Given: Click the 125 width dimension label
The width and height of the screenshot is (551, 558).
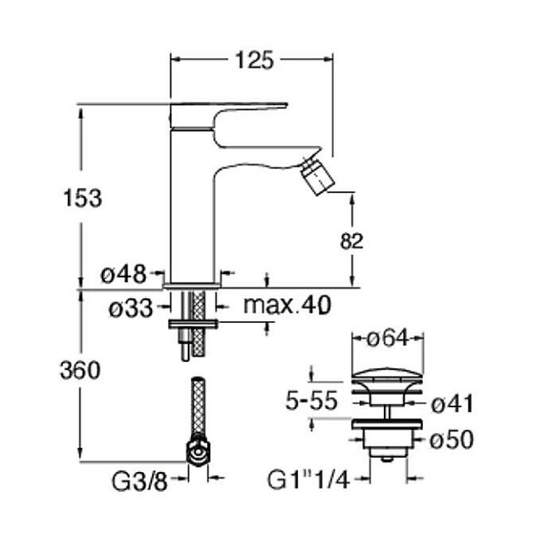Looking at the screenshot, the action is point(255,60).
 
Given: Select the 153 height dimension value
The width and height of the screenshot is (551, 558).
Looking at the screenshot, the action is point(83,198).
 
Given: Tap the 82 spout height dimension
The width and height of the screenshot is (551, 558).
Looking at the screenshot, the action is point(352,241).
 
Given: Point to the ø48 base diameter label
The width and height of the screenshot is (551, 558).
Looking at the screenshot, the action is point(123,274).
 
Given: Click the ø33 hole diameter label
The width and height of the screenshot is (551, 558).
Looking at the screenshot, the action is point(131,308).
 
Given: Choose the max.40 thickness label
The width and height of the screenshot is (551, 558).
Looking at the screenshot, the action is point(287,305).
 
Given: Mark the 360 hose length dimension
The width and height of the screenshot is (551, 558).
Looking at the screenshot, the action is point(80,370).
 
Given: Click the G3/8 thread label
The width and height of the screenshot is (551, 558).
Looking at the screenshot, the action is point(139,482).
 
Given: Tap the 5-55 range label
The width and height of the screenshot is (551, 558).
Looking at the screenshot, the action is point(311,401).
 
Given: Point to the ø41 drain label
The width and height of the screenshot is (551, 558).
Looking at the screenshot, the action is point(452,404).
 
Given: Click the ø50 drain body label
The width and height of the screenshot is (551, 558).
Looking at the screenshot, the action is point(452,439).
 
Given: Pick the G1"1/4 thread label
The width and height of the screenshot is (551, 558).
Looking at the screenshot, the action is point(308,480).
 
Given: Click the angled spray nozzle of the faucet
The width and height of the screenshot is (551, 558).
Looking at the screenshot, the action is point(318,177).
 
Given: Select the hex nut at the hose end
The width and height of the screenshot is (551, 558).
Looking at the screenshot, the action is point(198,452).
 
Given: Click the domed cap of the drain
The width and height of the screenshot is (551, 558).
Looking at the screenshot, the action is point(387,375).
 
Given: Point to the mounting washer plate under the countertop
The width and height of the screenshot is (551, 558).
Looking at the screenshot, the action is point(193,324).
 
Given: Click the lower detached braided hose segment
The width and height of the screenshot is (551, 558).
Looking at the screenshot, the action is point(198,407).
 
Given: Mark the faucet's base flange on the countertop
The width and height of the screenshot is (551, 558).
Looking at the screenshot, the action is point(192,286).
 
